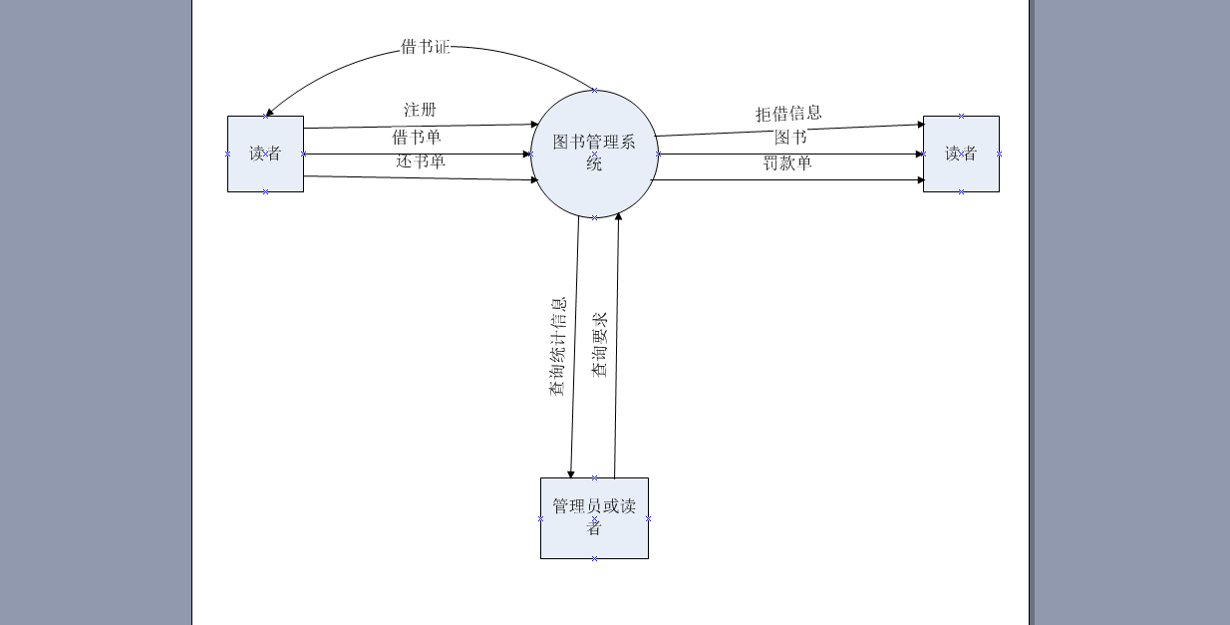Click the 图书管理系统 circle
click(594, 154)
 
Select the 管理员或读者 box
click(594, 518)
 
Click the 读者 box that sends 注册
click(265, 154)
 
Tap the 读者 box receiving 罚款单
click(961, 154)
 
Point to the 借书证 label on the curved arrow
click(426, 47)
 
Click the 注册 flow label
click(420, 110)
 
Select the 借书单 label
click(417, 138)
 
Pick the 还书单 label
click(421, 161)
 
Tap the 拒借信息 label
click(788, 114)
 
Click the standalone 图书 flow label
click(790, 138)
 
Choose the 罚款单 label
click(787, 163)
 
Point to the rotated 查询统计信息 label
click(558, 346)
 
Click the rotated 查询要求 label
click(600, 345)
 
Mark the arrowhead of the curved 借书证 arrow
click(269, 113)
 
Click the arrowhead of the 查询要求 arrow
click(618, 216)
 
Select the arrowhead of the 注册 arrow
click(534, 125)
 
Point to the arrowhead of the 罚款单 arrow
click(921, 180)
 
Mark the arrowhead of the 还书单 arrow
click(534, 180)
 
